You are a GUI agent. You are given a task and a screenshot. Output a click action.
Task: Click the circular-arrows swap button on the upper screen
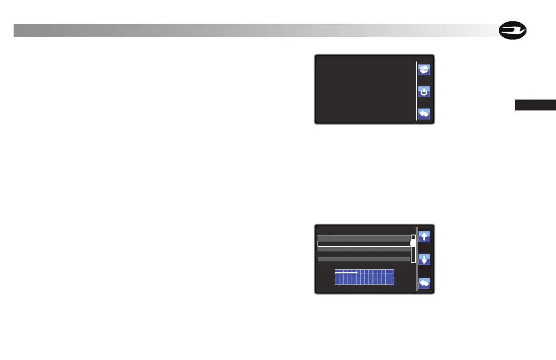423,70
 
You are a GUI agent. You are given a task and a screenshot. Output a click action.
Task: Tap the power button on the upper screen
423,92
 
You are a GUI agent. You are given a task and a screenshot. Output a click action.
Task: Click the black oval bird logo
512,31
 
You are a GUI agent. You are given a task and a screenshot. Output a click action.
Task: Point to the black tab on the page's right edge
535,105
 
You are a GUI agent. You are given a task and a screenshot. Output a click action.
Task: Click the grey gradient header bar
254,30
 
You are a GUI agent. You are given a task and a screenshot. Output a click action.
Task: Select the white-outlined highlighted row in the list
363,244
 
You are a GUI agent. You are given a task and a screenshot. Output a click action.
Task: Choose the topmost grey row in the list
363,237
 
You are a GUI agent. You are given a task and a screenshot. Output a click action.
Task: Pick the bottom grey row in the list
363,259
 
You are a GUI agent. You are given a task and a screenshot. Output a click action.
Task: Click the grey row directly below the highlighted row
363,249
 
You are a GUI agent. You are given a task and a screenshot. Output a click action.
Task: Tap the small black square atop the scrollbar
413,237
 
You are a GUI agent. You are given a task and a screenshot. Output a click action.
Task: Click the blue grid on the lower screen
364,277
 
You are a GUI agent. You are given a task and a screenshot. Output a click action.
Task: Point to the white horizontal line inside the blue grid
346,273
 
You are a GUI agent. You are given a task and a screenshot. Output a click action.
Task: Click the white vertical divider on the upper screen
417,89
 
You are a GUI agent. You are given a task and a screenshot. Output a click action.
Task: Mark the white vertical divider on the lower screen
417,258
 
